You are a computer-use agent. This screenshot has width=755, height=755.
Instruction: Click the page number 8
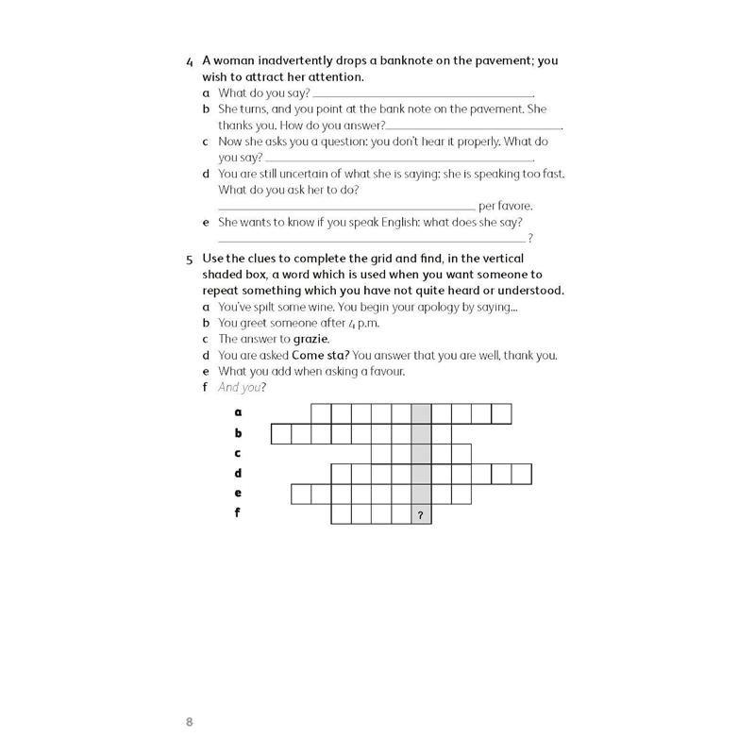tap(190, 723)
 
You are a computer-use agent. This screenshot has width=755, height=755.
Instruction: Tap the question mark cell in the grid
tap(421, 515)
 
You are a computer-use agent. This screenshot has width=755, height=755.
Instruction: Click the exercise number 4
tap(190, 61)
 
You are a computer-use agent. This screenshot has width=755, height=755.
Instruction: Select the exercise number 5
tap(190, 259)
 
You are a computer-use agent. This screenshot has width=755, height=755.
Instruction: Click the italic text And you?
tap(242, 387)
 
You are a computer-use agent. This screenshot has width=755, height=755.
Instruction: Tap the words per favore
tap(506, 206)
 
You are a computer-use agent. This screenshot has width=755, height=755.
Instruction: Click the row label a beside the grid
tap(238, 412)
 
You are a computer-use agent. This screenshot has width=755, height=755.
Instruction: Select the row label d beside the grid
tap(238, 473)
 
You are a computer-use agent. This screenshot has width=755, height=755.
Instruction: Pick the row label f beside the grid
tap(238, 513)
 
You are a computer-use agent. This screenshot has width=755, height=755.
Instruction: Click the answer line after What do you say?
tap(422, 94)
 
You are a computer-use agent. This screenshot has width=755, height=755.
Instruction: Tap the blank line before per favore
tap(346, 208)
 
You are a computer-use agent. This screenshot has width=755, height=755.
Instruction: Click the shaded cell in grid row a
tap(421, 413)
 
